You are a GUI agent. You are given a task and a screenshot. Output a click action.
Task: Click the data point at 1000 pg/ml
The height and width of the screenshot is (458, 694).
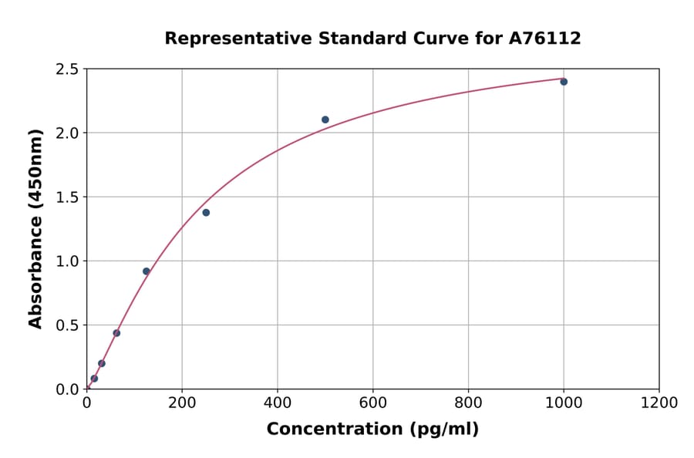tap(564, 82)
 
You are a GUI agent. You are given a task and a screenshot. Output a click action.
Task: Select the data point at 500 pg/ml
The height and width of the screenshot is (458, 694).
tap(325, 120)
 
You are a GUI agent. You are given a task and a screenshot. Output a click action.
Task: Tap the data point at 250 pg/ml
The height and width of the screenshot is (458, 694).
tap(206, 213)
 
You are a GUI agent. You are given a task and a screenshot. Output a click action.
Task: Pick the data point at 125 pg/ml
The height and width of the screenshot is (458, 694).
tap(147, 271)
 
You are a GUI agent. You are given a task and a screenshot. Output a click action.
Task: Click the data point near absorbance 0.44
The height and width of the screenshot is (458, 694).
tap(116, 333)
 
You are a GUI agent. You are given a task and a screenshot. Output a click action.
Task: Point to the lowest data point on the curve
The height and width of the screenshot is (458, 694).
tap(94, 379)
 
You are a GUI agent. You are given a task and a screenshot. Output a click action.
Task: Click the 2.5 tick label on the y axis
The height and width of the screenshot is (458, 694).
tap(68, 69)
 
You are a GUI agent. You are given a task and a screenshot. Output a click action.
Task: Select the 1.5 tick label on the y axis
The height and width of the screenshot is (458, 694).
tap(68, 197)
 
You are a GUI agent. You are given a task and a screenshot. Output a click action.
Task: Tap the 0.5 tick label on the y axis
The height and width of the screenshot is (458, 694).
tap(68, 325)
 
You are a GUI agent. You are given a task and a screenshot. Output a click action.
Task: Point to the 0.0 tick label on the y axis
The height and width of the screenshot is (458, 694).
tap(68, 389)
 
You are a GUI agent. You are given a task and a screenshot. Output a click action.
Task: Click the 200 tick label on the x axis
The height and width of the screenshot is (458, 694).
tap(182, 402)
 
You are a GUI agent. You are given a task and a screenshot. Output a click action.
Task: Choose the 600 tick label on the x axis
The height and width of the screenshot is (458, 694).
tap(372, 402)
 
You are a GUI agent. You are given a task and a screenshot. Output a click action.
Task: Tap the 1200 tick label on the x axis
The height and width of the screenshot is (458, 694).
tap(659, 402)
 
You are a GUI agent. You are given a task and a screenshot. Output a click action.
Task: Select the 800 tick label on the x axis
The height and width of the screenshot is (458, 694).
tap(468, 402)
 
